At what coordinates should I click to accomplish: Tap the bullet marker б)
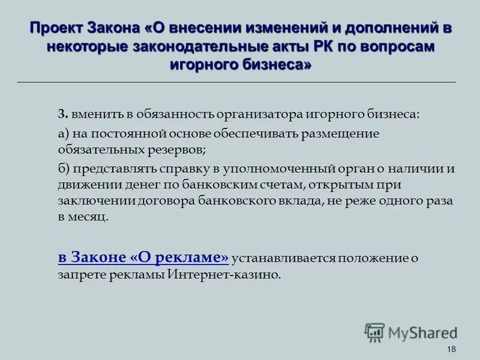pyautogui.click(x=64, y=169)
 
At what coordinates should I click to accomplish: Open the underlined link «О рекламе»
pyautogui.click(x=179, y=257)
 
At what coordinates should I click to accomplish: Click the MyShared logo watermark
pyautogui.click(x=411, y=332)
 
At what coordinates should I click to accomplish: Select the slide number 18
pyautogui.click(x=452, y=350)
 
